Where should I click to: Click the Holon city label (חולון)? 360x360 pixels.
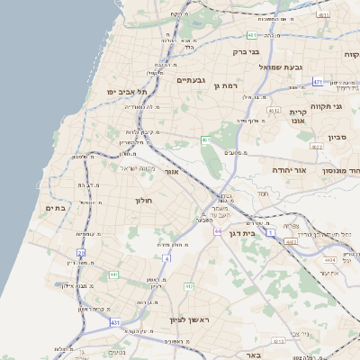tap(145, 200)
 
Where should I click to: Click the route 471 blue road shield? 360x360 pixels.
tap(318, 82)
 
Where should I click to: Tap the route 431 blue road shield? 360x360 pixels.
tap(115, 321)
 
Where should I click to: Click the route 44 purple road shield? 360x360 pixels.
tap(218, 231)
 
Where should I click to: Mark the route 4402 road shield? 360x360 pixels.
tap(290, 242)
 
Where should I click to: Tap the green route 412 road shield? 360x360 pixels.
tap(189, 286)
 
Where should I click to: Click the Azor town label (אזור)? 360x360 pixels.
tap(173, 171)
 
